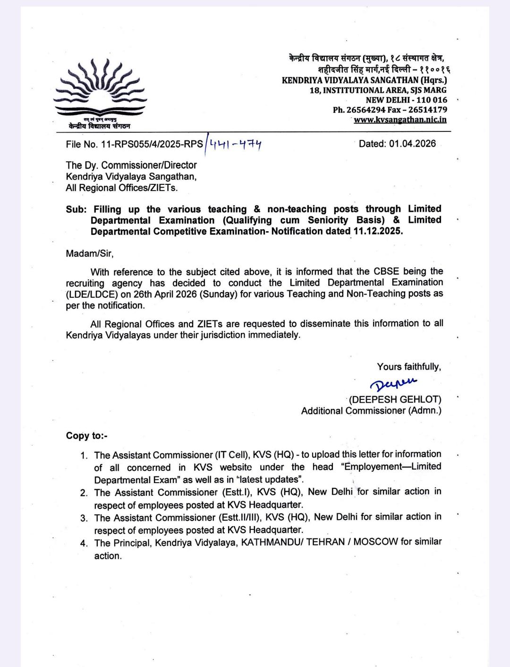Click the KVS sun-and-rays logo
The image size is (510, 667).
(100, 88)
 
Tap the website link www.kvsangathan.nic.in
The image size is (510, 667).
(400, 120)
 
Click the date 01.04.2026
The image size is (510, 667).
(412, 144)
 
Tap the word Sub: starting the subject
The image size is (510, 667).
(76, 209)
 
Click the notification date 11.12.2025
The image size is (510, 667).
(378, 231)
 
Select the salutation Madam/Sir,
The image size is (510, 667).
(89, 253)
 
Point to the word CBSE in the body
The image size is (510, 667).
(386, 272)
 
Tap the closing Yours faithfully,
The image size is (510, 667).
(408, 367)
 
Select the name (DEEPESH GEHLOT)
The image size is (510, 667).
(395, 399)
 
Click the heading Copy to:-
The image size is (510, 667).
(86, 436)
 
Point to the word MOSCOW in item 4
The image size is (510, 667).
(375, 542)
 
